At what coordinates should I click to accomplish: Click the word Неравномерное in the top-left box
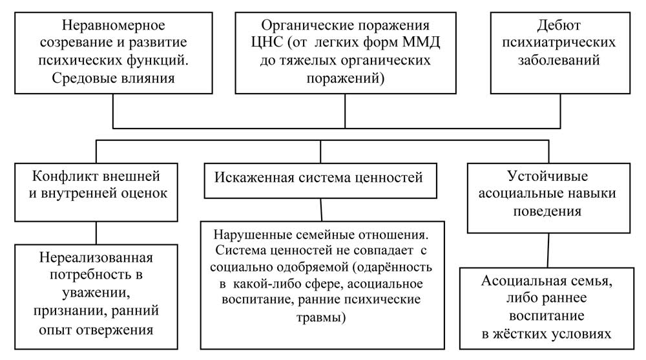(x=113, y=26)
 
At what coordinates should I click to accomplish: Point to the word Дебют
(x=559, y=26)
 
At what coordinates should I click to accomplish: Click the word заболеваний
(x=559, y=60)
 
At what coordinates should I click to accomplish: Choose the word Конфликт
(x=64, y=176)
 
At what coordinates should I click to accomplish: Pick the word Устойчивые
(x=548, y=176)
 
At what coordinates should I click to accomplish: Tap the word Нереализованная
(x=96, y=258)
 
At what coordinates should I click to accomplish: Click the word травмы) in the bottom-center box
(x=321, y=317)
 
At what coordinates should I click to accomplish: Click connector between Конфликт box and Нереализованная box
(x=96, y=233)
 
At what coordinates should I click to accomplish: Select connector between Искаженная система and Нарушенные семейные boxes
(x=321, y=210)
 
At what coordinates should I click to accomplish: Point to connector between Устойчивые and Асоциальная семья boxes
(x=548, y=251)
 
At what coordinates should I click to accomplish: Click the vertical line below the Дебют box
(x=560, y=111)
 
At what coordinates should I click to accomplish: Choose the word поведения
(x=547, y=211)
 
